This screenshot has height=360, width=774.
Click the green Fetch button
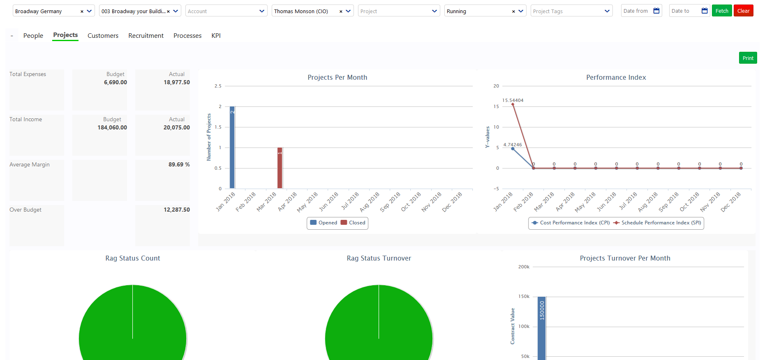(x=721, y=11)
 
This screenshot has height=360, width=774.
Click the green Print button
(x=748, y=58)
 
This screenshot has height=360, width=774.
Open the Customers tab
(x=103, y=36)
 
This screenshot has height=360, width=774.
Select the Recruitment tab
(x=146, y=36)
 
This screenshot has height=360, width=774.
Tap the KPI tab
(x=216, y=36)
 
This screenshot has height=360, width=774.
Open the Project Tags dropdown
(x=571, y=11)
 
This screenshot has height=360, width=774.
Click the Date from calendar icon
(x=656, y=11)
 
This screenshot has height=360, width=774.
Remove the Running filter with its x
(x=513, y=12)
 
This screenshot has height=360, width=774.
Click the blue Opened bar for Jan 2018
(x=232, y=148)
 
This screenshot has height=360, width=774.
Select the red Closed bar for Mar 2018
(x=280, y=168)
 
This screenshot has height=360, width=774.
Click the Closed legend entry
(x=353, y=223)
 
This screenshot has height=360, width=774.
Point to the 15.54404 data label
(x=513, y=100)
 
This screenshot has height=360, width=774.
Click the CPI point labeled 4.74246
(x=513, y=149)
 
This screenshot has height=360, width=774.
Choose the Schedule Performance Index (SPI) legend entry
(x=657, y=223)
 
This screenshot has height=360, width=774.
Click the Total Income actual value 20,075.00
(x=176, y=127)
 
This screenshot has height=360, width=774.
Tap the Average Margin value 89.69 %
(x=179, y=164)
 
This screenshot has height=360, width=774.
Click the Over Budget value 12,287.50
(x=176, y=210)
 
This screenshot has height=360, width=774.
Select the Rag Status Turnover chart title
(x=379, y=258)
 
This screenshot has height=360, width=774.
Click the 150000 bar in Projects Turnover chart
(x=542, y=329)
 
